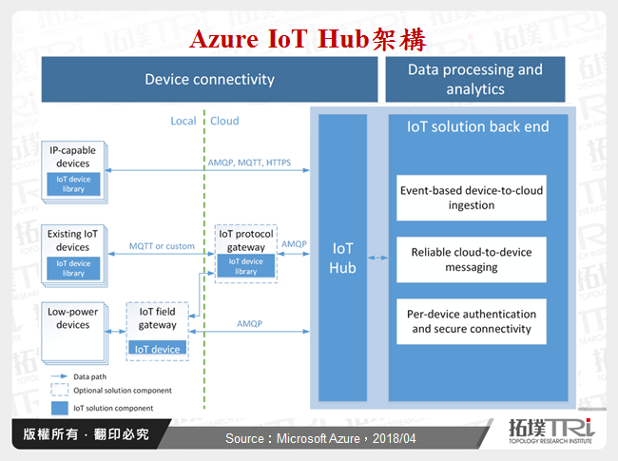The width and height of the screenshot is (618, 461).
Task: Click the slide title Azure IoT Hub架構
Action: coord(307,40)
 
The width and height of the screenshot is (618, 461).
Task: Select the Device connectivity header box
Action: coord(209,79)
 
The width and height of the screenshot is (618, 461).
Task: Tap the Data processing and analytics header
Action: coord(474,79)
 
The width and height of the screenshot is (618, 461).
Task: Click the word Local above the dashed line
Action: coord(183,121)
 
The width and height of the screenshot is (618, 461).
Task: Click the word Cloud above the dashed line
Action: coord(224,121)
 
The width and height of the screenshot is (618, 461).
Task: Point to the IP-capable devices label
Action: coord(73,156)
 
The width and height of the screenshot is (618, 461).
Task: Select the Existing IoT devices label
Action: coord(73,240)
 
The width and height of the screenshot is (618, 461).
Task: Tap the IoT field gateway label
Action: coord(157,318)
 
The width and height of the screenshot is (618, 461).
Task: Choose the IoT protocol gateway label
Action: coord(246,240)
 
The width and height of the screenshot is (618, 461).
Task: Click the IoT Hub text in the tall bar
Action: coord(342,257)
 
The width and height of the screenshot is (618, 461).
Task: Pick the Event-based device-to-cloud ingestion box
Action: coord(472,198)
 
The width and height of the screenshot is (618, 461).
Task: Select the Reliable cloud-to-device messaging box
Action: coord(472,259)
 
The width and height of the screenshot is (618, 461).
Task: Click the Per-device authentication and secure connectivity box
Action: coord(472,321)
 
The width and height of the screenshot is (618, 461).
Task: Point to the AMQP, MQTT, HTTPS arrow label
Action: coord(249,163)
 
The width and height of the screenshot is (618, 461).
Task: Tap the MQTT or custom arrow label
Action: coord(162,246)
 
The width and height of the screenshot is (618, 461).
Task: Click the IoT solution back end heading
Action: coord(477,126)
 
